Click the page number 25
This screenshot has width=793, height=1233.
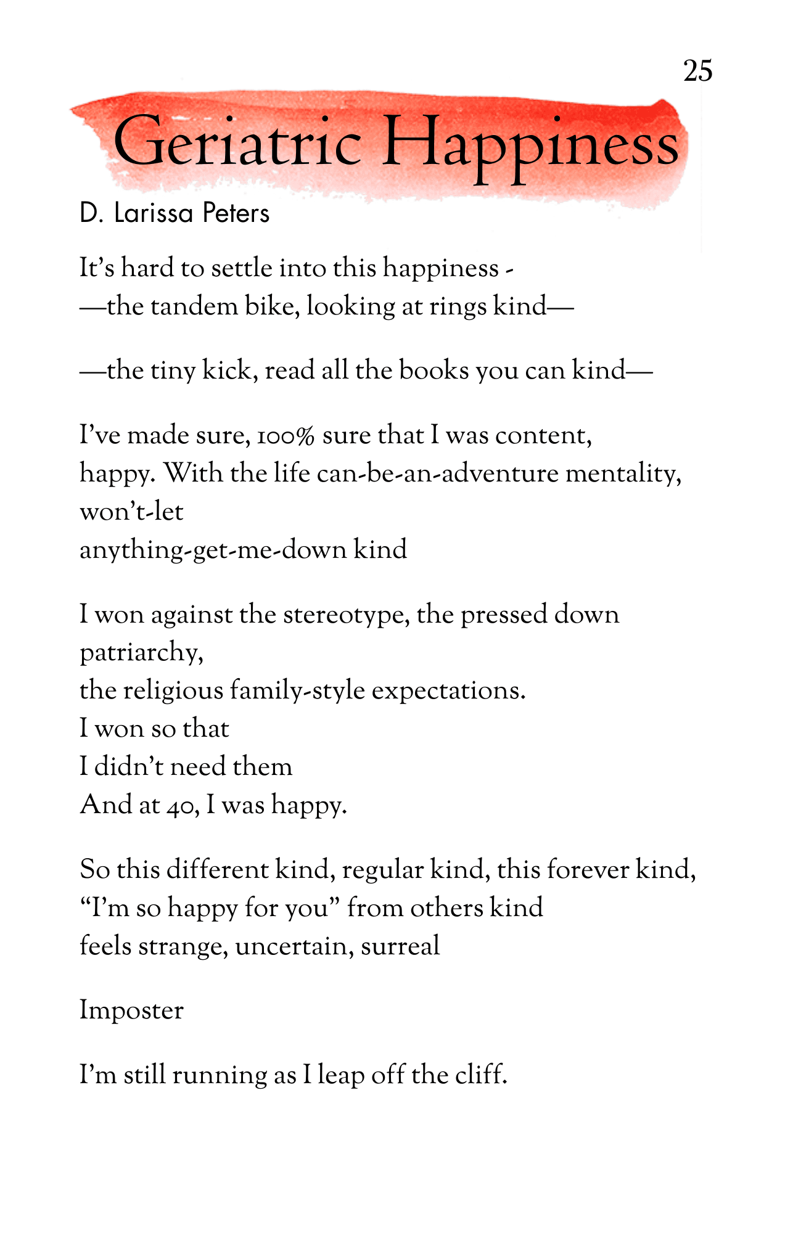coord(697,71)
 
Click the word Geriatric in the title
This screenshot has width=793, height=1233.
coord(237,143)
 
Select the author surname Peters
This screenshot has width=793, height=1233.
coord(236,213)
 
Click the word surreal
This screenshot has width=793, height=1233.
coord(400,946)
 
